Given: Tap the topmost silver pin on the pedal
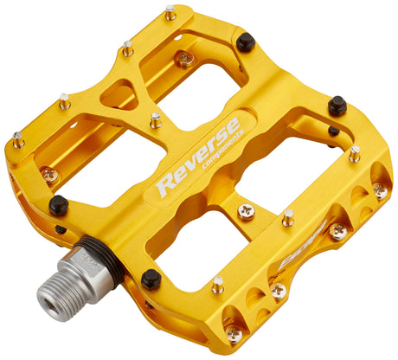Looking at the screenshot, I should [x=170, y=12].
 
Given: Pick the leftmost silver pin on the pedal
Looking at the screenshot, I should [x=18, y=138].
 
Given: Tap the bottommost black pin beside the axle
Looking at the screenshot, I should [x=151, y=279].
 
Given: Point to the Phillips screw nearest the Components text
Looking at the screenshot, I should [x=247, y=210].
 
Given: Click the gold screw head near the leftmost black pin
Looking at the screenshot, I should [x=51, y=176].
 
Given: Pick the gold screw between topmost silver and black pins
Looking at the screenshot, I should [x=184, y=59].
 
